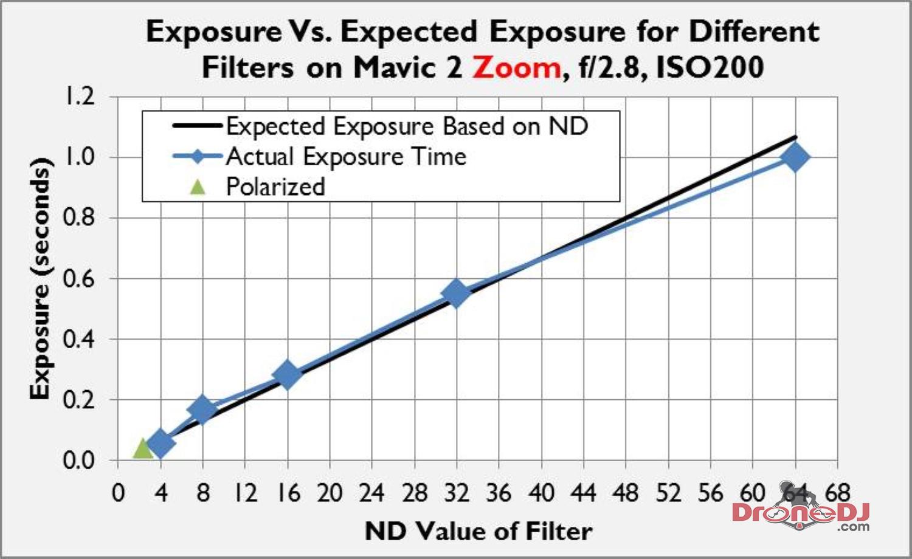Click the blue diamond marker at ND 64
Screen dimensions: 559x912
click(795, 157)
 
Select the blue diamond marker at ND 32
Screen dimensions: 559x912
click(456, 293)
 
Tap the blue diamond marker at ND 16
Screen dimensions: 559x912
click(287, 374)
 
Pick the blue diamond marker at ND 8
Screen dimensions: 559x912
click(202, 410)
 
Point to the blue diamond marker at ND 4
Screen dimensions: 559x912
click(161, 443)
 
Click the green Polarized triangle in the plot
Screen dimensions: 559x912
click(142, 449)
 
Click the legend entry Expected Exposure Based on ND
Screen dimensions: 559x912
click(407, 126)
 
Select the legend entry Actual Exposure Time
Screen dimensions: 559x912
click(346, 157)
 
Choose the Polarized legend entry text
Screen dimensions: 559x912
click(275, 187)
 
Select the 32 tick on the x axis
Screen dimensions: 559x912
click(456, 492)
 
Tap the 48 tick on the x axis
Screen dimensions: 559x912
click(626, 492)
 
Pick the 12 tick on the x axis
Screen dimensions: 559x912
click(245, 492)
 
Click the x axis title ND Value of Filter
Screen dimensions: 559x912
click(478, 531)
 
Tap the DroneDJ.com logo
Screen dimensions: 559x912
click(801, 513)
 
